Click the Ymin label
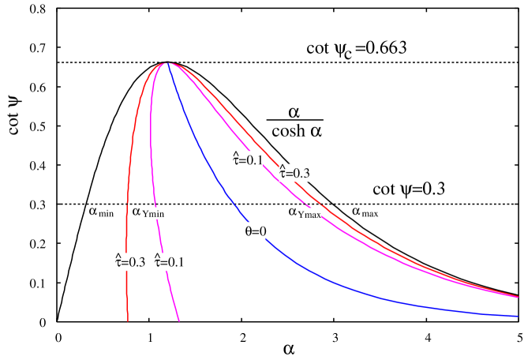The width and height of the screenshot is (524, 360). (153, 213)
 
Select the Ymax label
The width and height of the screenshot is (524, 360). (309, 214)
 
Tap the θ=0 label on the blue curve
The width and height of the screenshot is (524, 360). (255, 231)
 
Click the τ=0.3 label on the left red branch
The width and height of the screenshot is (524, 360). (130, 262)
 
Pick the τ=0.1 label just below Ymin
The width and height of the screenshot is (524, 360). (170, 262)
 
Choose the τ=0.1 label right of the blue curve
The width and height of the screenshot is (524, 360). (248, 159)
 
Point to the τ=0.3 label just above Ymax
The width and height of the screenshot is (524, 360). (294, 173)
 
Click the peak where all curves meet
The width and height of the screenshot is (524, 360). (167, 63)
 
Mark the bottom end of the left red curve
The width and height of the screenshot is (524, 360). (128, 321)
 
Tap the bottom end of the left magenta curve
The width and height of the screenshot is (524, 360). (179, 321)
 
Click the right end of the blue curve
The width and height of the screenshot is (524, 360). (517, 316)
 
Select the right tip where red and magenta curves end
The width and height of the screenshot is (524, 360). (517, 297)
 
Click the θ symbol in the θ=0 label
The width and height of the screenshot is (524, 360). (249, 231)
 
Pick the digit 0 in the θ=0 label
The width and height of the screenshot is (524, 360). (262, 231)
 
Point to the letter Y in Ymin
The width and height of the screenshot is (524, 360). (145, 213)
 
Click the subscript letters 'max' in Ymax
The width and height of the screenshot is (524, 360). (313, 215)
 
